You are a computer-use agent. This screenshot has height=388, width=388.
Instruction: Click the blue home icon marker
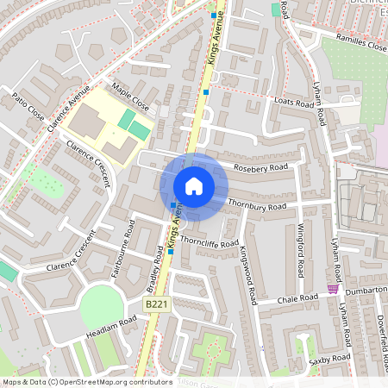click(194, 186)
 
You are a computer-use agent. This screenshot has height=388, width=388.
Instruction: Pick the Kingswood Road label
click(248, 274)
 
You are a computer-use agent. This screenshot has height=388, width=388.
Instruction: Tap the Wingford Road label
click(301, 249)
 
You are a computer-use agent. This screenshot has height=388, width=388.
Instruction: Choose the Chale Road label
click(299, 298)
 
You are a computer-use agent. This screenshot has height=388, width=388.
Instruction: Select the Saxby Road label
click(329, 357)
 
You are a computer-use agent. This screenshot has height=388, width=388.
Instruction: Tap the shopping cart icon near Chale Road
click(333, 289)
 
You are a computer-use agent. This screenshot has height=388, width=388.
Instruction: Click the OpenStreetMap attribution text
click(87, 381)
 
